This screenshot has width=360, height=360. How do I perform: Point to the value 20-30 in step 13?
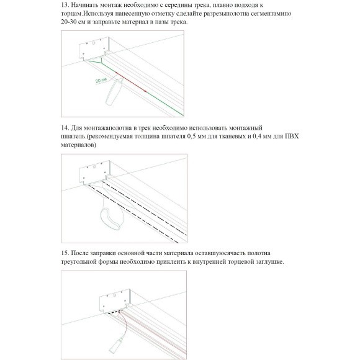70,22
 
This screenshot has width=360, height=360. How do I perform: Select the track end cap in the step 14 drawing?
94,173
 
